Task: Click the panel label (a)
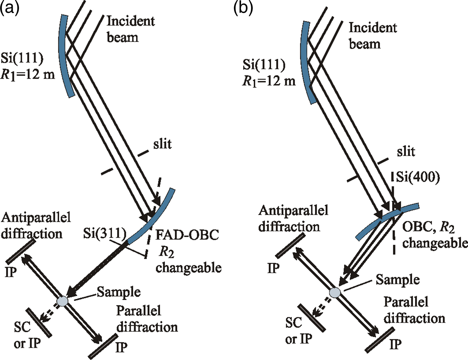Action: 9,7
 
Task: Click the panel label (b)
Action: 243,7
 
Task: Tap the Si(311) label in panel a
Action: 105,233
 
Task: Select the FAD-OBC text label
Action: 187,235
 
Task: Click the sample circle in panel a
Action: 62,301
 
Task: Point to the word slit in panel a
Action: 162,144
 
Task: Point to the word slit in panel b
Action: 406,152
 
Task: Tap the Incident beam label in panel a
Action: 130,29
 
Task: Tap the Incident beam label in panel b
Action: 373,36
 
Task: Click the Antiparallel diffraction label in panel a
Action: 36,225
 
